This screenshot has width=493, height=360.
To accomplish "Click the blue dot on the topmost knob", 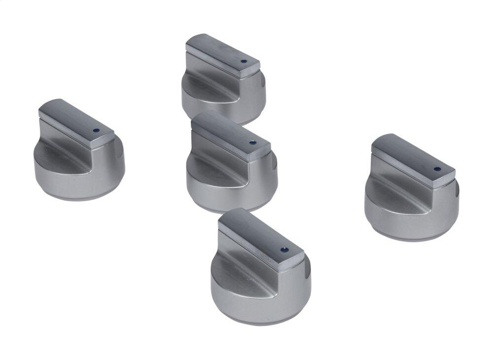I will [243, 62].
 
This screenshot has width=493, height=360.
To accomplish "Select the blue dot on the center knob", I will [252, 144].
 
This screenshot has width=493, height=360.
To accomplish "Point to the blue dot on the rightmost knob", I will [437, 169].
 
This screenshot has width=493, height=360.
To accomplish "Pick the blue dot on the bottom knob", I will [283, 250].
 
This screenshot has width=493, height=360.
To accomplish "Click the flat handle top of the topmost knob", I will [222, 51].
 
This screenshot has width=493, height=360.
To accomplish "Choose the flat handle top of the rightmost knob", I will [412, 153].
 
